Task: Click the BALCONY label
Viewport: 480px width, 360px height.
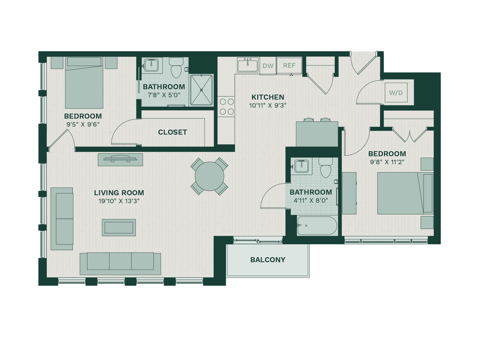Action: coord(268,260)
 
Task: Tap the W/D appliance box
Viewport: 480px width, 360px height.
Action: coord(396,92)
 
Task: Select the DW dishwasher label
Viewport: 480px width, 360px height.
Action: coord(268,66)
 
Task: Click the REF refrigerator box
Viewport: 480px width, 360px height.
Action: coord(289,66)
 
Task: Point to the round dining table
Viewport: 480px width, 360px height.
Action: coord(210,176)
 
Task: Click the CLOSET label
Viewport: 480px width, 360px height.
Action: coord(172,132)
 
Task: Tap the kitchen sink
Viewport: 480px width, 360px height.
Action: coord(247,65)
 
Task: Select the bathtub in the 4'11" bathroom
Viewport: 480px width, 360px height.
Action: coord(317,225)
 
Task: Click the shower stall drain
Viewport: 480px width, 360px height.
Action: coord(202,90)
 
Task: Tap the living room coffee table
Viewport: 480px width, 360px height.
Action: coord(119,227)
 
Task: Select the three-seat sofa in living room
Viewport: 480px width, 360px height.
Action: coord(120,263)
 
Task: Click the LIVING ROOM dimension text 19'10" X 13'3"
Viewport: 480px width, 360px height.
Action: coord(119,201)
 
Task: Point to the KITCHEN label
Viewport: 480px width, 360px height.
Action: coord(268,97)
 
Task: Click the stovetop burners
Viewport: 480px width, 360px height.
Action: coord(226,106)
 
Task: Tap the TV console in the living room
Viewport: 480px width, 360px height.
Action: coord(120,159)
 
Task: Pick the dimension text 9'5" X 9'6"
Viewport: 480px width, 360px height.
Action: coord(83,125)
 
